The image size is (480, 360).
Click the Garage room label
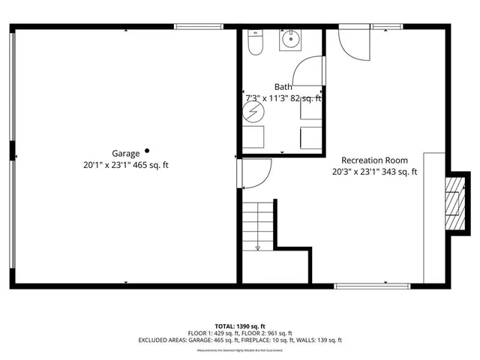[x=126, y=154]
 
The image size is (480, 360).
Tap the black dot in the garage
[x=148, y=150]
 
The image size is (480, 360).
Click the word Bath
[x=283, y=87]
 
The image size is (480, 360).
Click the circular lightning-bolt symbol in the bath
[x=253, y=113]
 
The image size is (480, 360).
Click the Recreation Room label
[x=374, y=160]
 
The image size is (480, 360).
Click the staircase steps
[x=256, y=225]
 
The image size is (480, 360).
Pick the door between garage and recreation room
[x=253, y=174]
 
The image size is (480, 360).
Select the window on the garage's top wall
[x=198, y=27]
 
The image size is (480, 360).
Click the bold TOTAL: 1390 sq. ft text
[x=239, y=326]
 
